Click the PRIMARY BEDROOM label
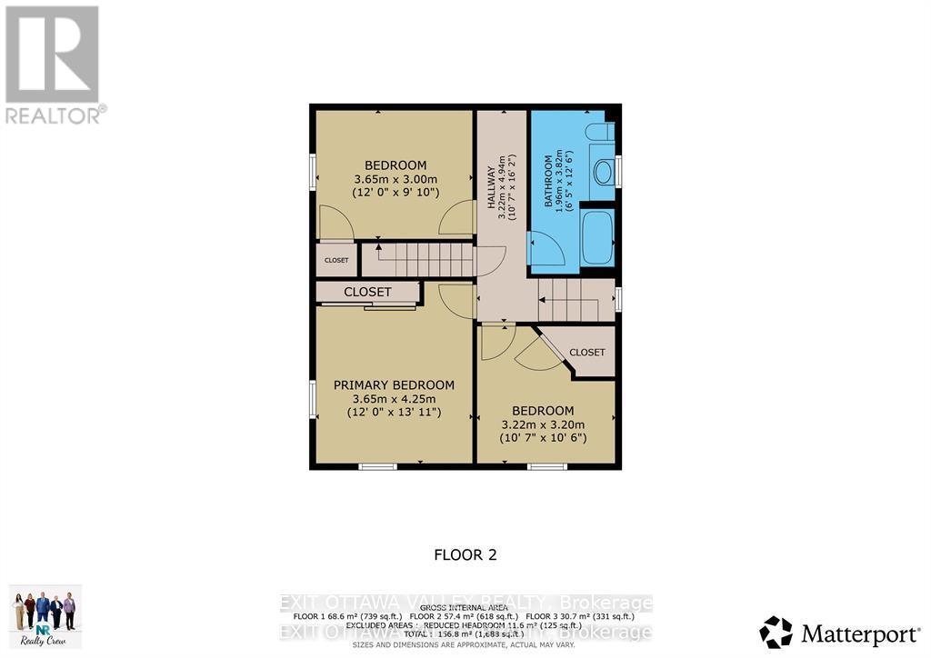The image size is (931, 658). coord(394,384)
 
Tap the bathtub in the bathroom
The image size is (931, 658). coord(597,237)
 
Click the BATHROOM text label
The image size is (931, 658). coord(549,182)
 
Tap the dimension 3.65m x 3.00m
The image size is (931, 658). coord(395,179)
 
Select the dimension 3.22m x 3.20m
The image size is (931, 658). coord(543,424)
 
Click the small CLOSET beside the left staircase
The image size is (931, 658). coord(336,260)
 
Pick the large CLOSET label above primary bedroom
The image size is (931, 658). coord(367,292)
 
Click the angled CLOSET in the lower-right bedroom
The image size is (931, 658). coord(586,352)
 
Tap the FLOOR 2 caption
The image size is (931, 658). coord(465,554)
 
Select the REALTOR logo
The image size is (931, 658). coord(53,64)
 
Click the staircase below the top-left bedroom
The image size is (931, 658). coord(417,259)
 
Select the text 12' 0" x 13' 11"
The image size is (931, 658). coord(394,412)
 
